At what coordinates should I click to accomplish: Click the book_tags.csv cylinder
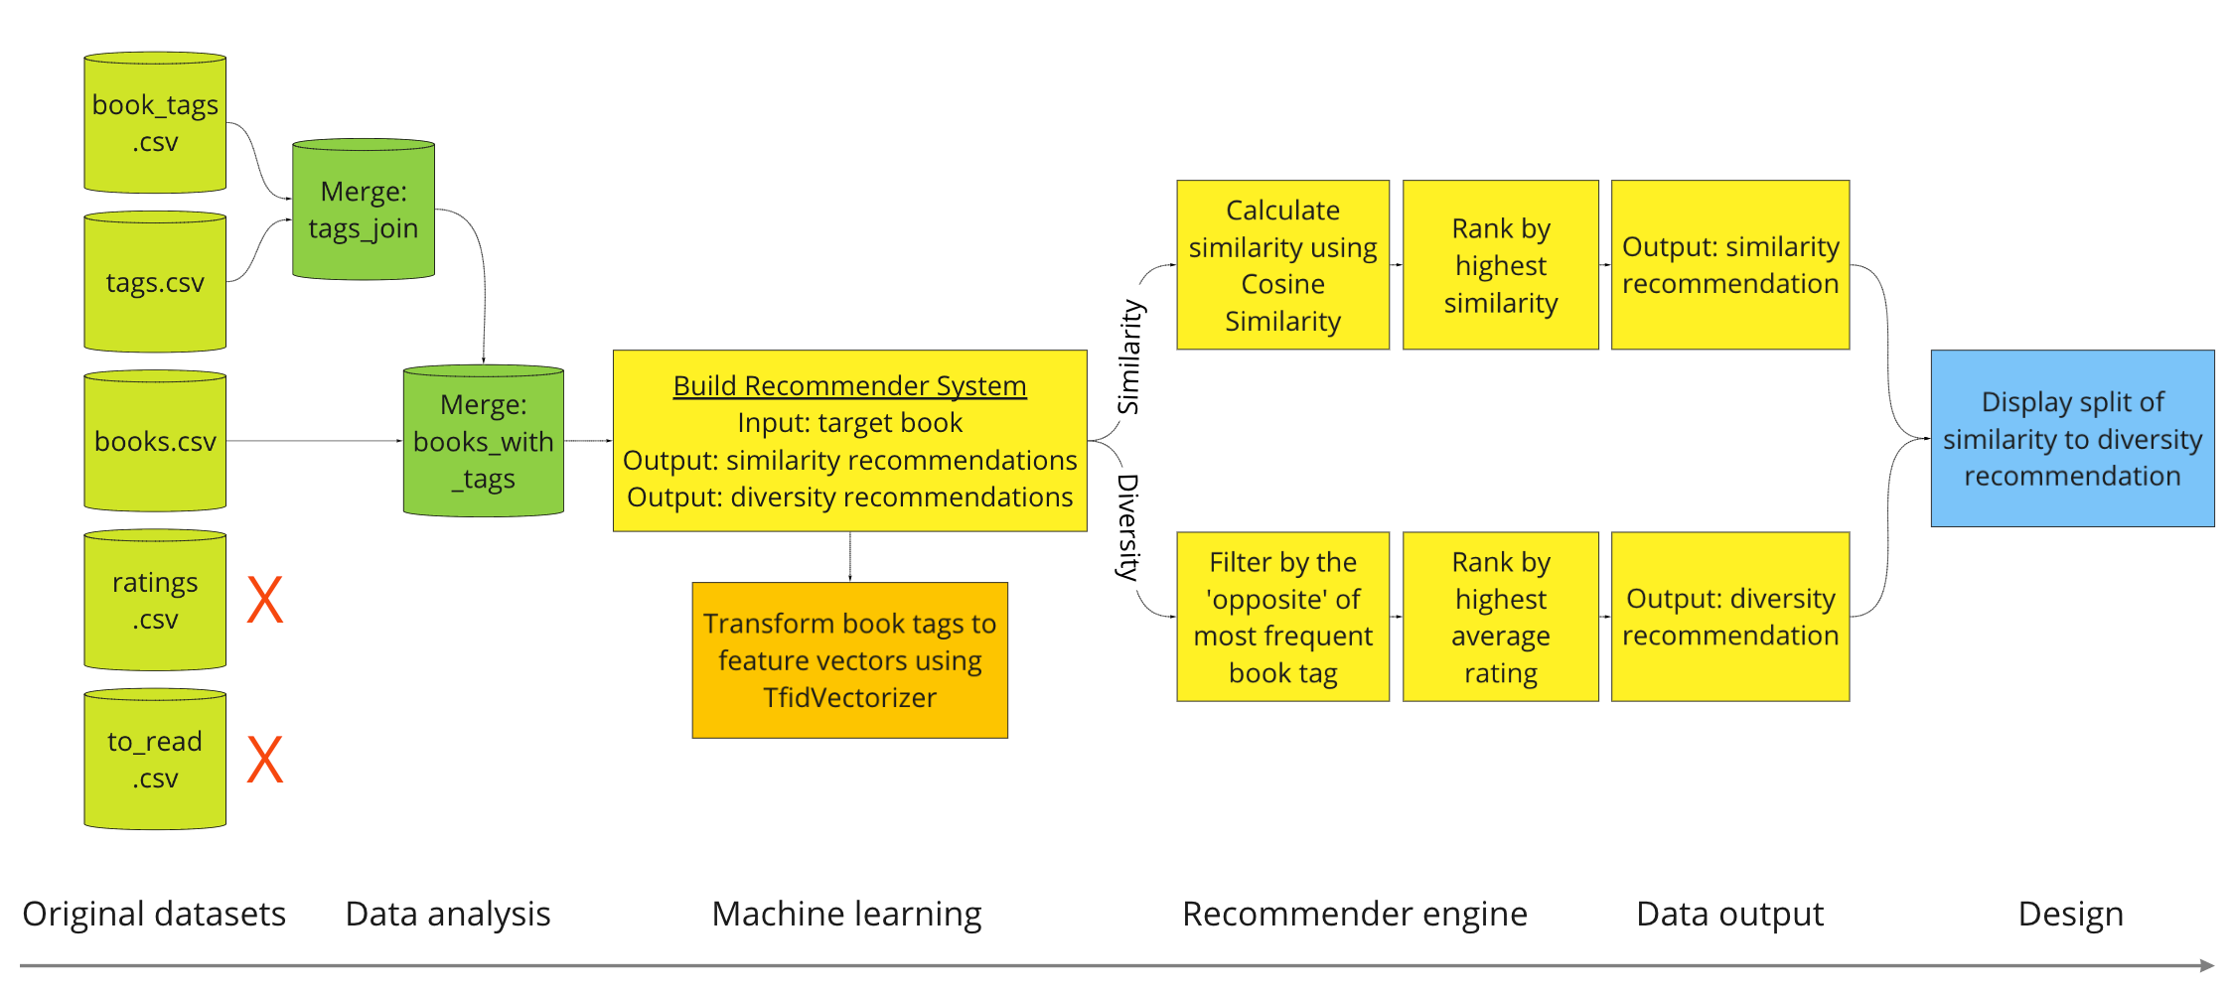click(155, 123)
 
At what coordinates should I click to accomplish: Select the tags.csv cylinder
click(155, 283)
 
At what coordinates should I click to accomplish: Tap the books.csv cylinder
click(155, 442)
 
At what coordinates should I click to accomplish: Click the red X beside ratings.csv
click(265, 600)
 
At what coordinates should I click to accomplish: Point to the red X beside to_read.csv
click(265, 759)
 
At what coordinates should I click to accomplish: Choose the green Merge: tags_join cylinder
click(364, 211)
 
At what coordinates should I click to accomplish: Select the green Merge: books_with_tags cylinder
click(484, 442)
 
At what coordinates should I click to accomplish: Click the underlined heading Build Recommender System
click(849, 385)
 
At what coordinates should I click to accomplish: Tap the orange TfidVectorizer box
click(849, 660)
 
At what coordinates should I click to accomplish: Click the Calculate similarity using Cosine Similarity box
click(1282, 265)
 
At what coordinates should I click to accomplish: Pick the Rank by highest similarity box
click(1500, 265)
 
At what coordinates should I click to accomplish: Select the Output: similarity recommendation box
click(1729, 265)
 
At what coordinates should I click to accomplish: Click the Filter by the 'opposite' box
click(1282, 617)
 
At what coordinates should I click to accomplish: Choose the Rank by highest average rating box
click(1500, 617)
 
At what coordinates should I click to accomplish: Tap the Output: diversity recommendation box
click(1729, 617)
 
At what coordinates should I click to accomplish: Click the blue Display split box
click(2072, 438)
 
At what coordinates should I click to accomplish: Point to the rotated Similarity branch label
click(1129, 357)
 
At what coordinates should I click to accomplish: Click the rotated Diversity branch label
click(1128, 526)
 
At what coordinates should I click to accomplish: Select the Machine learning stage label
click(846, 914)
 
